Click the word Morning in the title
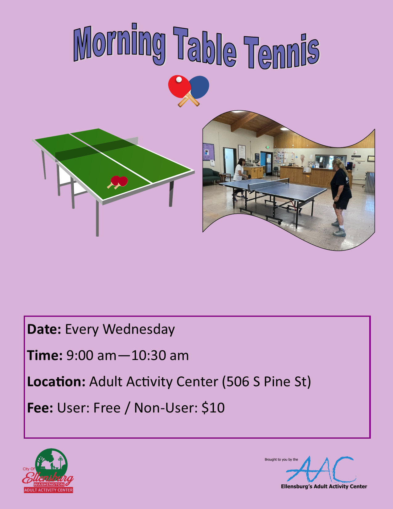pyautogui.click(x=120, y=43)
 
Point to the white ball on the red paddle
pyautogui.click(x=179, y=80)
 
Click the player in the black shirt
pyautogui.click(x=341, y=191)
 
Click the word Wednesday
pyautogui.click(x=139, y=329)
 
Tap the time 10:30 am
pyautogui.click(x=160, y=355)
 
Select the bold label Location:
pyautogui.click(x=56, y=382)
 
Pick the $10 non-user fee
pyautogui.click(x=213, y=408)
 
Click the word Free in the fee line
pyautogui.click(x=107, y=408)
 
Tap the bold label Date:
pyautogui.click(x=44, y=329)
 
